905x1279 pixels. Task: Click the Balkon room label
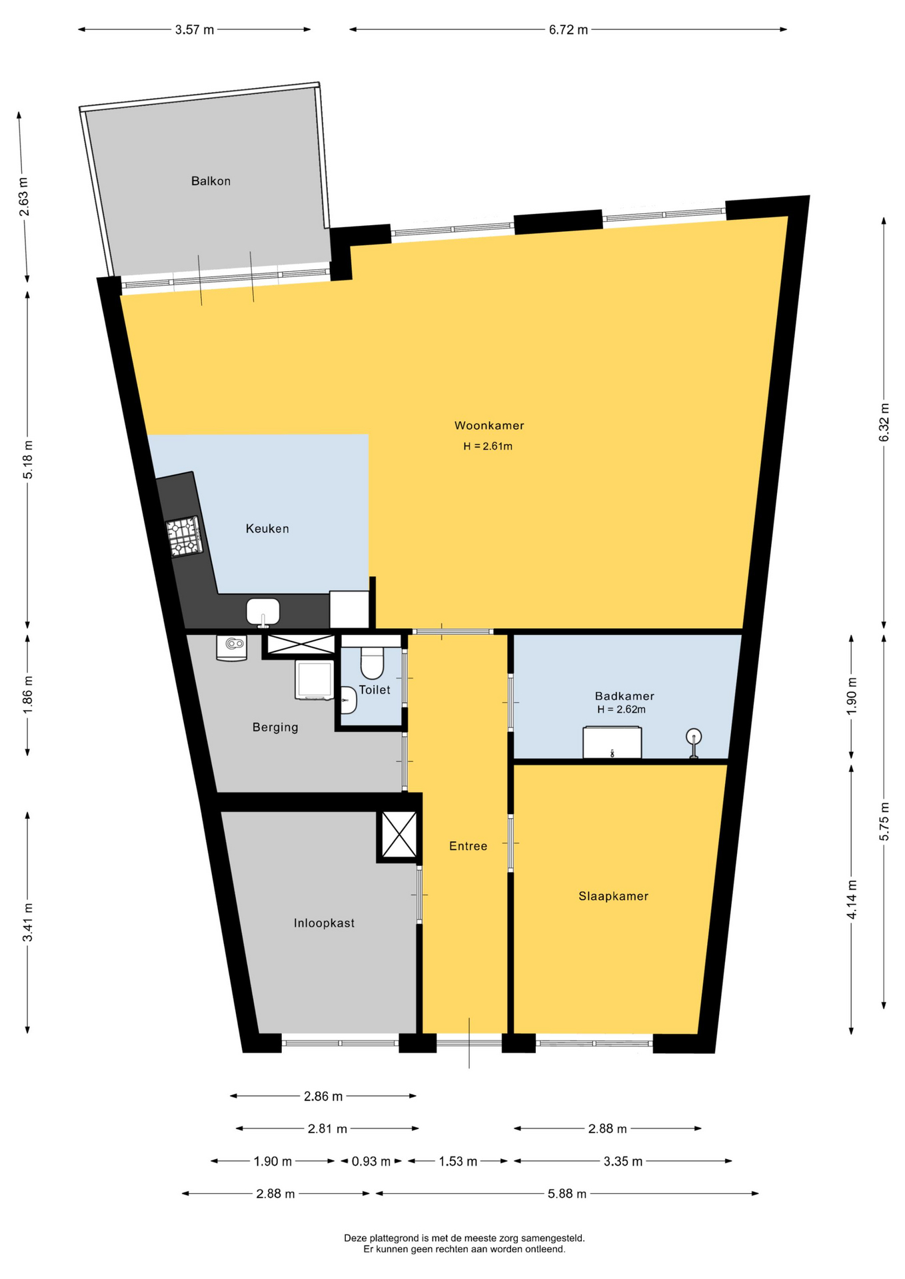(211, 181)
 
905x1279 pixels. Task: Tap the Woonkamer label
(489, 426)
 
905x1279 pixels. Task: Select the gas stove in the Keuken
(185, 537)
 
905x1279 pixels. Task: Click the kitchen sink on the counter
(263, 612)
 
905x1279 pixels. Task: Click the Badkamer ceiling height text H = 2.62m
(621, 709)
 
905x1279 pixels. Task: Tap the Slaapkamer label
(613, 897)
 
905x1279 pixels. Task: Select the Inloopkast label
(324, 923)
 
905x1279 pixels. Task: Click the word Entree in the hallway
(468, 847)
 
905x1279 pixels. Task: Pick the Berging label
(275, 727)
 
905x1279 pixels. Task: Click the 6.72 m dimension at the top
(568, 30)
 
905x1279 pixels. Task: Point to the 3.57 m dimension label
(195, 30)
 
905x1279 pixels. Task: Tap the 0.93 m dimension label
(371, 1162)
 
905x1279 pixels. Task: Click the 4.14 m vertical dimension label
(852, 899)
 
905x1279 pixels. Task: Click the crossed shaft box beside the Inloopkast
(399, 835)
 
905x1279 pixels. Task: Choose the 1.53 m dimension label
(458, 1162)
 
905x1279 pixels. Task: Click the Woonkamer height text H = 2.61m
(488, 446)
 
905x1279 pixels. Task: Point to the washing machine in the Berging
(314, 679)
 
